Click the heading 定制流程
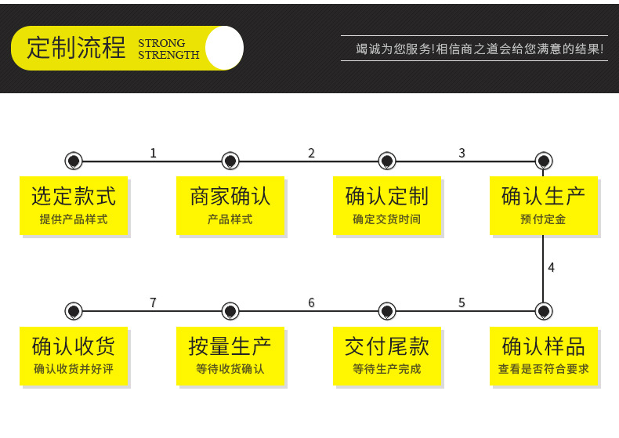point(76,48)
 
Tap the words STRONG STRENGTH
point(168,49)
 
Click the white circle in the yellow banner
point(224,48)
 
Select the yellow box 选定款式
point(74,205)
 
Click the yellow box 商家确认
point(230,205)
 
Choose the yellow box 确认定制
point(387,205)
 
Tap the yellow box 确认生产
point(544,205)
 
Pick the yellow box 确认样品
point(544,356)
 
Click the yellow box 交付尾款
point(387,356)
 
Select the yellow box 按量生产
point(230,356)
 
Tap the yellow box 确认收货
point(74,356)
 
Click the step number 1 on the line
point(154,153)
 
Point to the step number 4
point(551,267)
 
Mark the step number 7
point(154,302)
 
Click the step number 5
point(462,302)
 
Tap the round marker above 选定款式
point(74,161)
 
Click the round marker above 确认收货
point(74,311)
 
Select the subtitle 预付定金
point(544,219)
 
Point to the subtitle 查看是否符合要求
point(544,369)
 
